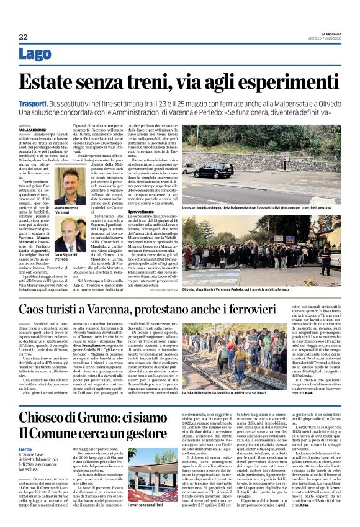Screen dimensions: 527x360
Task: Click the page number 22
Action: (x=23, y=37)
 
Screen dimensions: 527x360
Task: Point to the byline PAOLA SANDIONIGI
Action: (x=32, y=129)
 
